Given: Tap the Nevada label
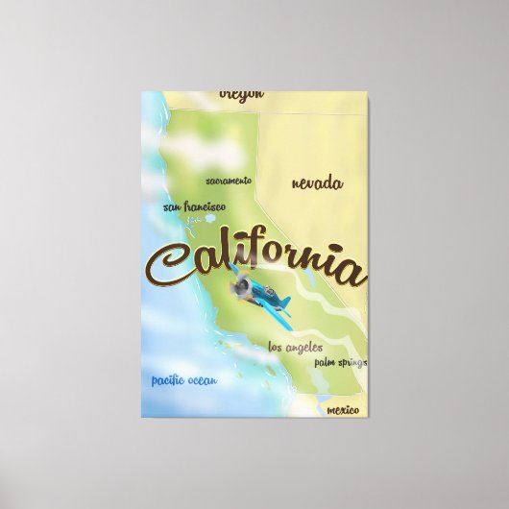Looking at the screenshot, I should (317, 183).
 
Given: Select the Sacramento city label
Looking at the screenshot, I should (229, 181).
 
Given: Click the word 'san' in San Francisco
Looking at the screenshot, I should (172, 206).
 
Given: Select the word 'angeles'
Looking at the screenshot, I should (303, 347).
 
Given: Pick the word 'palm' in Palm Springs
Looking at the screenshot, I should (325, 363).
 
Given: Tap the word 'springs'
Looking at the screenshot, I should (352, 363).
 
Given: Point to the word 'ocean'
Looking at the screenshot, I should (203, 381).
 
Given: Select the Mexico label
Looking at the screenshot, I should (343, 410).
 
